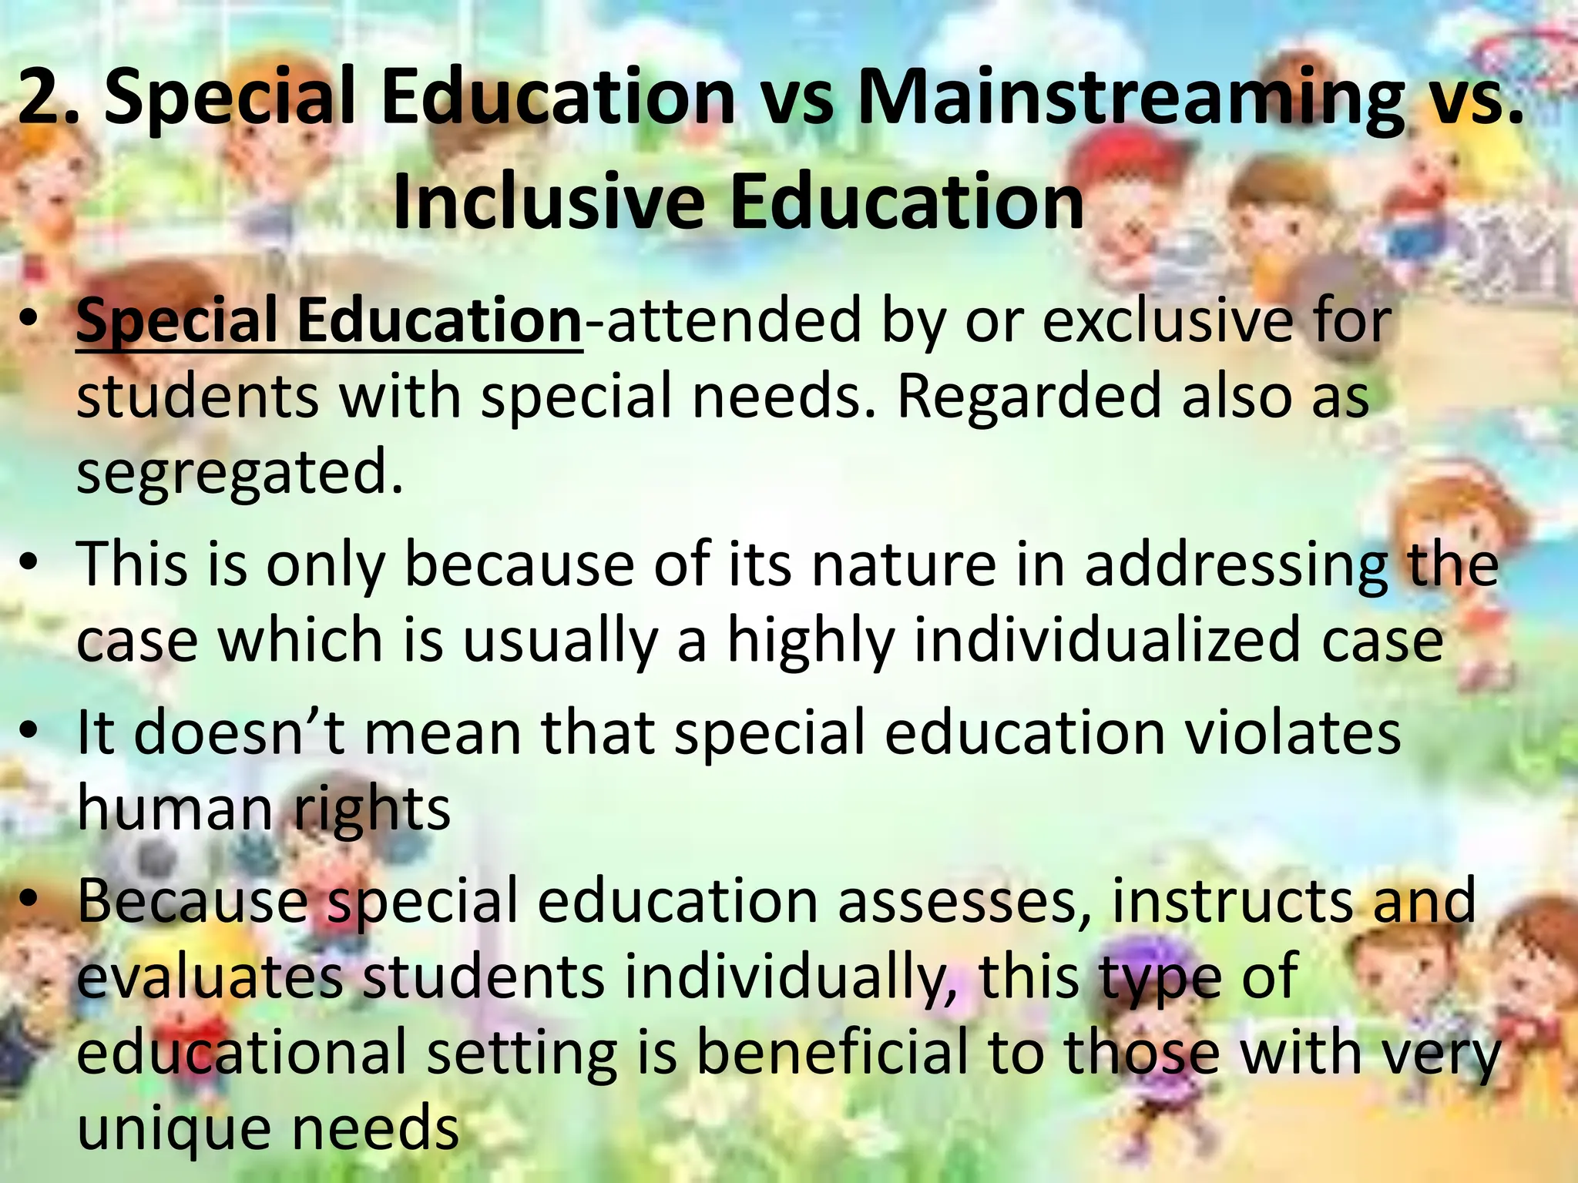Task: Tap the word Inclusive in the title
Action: [548, 202]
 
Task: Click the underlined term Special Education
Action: [329, 321]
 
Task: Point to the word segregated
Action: [239, 472]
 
